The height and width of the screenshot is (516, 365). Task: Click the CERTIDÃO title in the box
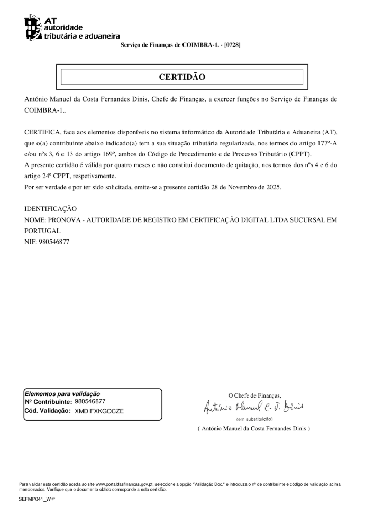[x=182, y=77]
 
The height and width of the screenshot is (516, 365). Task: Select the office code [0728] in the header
[x=232, y=45]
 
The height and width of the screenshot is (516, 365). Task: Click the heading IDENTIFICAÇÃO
[x=50, y=209]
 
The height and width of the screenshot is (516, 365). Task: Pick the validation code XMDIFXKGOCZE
[x=99, y=410]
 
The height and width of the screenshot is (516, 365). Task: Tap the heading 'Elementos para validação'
[x=62, y=394]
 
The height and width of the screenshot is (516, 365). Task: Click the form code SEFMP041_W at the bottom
[x=34, y=499]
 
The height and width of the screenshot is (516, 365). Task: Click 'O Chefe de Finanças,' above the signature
[x=254, y=395]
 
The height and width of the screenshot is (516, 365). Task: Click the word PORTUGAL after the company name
[x=42, y=231]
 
